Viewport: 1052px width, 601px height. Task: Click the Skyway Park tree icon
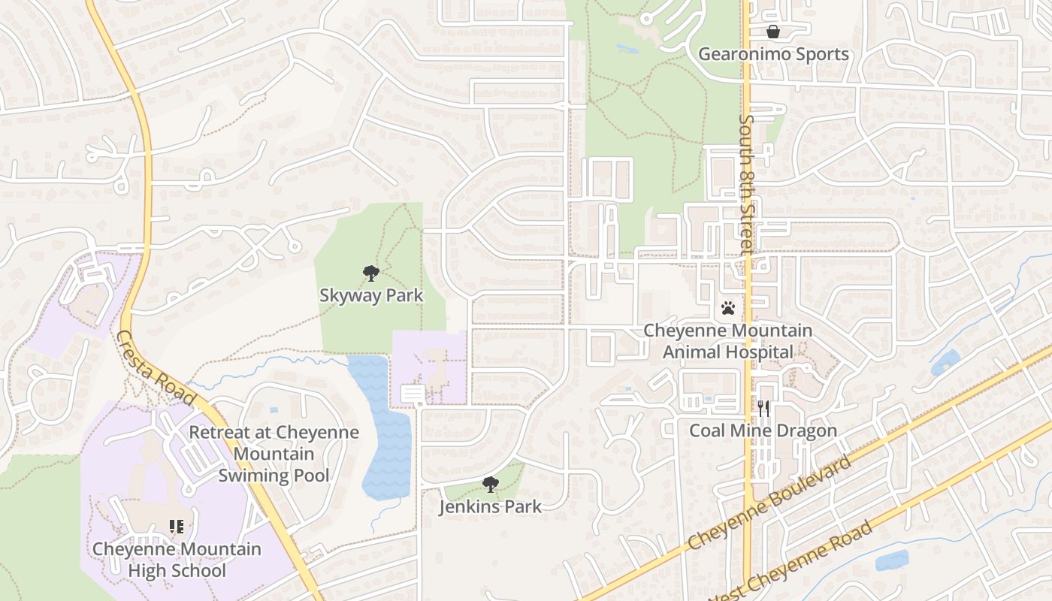coord(370,273)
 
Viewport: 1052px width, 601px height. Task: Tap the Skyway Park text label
coord(371,295)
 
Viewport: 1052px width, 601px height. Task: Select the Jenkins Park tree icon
coord(491,485)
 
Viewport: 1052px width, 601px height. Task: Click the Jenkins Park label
coord(490,506)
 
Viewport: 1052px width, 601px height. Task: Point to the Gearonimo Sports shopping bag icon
coord(772,32)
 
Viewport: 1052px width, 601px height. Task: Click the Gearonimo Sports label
coord(773,54)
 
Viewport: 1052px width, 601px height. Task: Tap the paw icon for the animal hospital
coord(727,308)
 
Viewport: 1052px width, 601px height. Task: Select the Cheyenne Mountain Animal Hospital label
coord(727,341)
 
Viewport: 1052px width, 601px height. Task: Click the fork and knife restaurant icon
coord(763,409)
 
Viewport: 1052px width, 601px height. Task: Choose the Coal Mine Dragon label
coord(763,430)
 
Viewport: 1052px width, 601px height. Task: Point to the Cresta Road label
coord(156,369)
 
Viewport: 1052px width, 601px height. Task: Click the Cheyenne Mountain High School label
coord(177,560)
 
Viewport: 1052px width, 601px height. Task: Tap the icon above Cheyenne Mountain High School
coord(177,527)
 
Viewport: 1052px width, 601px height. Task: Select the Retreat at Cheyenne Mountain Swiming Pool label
coord(274,454)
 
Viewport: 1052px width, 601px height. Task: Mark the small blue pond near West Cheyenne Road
coord(891,560)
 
